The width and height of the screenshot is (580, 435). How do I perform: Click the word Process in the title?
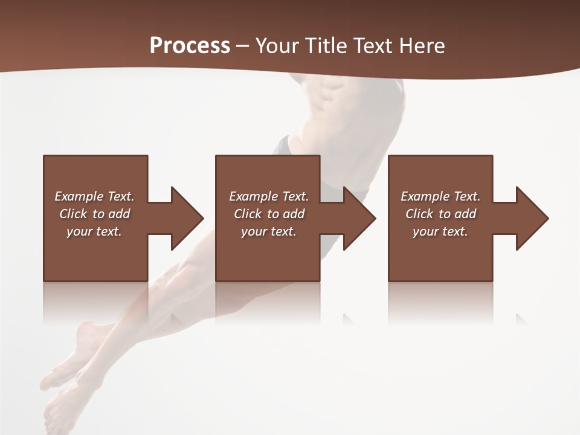pyautogui.click(x=190, y=45)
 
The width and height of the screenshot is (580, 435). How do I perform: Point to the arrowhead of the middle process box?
pyautogui.click(x=358, y=218)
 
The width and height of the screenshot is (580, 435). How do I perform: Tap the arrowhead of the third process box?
pyautogui.click(x=531, y=218)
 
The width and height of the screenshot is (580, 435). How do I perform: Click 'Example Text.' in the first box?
pyautogui.click(x=94, y=196)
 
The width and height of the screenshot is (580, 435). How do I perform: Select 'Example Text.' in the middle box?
pyautogui.click(x=269, y=196)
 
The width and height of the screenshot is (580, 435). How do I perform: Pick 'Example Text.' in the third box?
pyautogui.click(x=440, y=196)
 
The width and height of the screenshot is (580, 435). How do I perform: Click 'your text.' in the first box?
pyautogui.click(x=94, y=231)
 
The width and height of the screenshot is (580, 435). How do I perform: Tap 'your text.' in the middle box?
pyautogui.click(x=269, y=231)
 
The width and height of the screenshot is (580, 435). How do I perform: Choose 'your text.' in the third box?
pyautogui.click(x=440, y=231)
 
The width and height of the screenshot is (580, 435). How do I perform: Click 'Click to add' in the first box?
pyautogui.click(x=94, y=214)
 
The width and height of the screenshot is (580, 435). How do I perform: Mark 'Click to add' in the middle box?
pyautogui.click(x=269, y=214)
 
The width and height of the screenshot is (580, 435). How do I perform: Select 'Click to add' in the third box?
pyautogui.click(x=440, y=214)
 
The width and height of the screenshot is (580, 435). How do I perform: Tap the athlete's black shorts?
pyautogui.click(x=283, y=146)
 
